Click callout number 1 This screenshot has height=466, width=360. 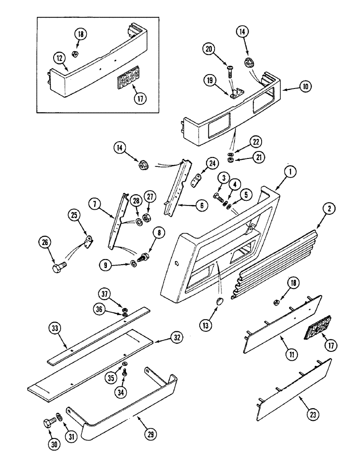click(x=290, y=172)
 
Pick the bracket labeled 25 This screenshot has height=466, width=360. click(x=88, y=241)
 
